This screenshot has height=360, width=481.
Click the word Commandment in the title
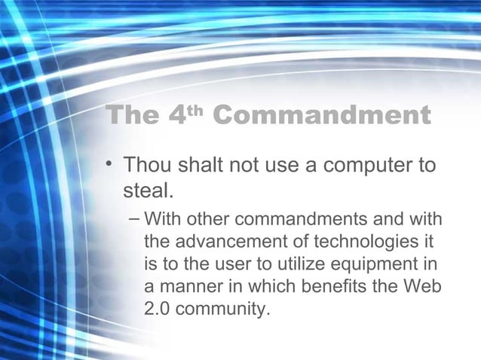(x=323, y=117)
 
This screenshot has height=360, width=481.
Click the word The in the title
(x=133, y=117)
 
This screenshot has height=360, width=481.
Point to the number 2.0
(x=156, y=308)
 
